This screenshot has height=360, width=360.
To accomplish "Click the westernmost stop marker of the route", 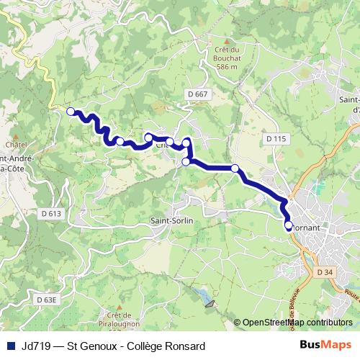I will pyautogui.click(x=71, y=111).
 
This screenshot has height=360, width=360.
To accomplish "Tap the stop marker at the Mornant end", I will pyautogui.click(x=289, y=225).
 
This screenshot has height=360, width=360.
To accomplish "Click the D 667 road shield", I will pyautogui.click(x=201, y=94).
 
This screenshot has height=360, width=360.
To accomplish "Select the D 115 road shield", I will pyautogui.click(x=276, y=138).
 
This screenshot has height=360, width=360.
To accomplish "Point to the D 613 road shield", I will pyautogui.click(x=52, y=213).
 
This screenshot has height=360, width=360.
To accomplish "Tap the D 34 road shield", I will pyautogui.click(x=324, y=272).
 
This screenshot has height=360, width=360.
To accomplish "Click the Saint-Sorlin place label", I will pyautogui.click(x=171, y=220).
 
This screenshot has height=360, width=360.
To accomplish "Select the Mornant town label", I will pyautogui.click(x=313, y=225).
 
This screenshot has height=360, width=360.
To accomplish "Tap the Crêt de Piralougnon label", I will pyautogui.click(x=120, y=315).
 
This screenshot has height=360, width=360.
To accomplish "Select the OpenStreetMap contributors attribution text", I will pyautogui.click(x=297, y=323).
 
